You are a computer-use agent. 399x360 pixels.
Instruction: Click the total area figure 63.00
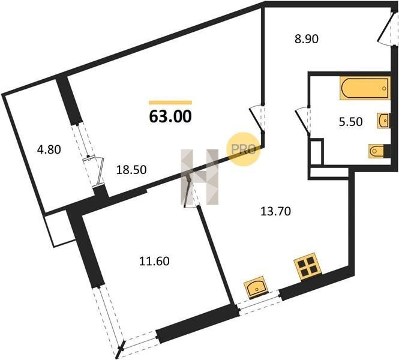click(170, 117)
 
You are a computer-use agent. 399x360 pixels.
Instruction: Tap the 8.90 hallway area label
click(307, 40)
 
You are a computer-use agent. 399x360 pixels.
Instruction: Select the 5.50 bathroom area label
click(350, 122)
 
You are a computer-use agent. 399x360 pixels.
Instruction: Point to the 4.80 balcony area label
click(49, 149)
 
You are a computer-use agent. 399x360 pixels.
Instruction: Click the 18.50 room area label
click(131, 170)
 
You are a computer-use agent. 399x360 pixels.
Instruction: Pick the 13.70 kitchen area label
click(275, 211)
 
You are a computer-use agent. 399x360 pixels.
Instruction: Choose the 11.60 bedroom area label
click(154, 261)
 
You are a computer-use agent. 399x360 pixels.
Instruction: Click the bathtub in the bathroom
click(365, 88)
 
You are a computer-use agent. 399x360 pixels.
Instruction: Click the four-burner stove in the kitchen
click(308, 266)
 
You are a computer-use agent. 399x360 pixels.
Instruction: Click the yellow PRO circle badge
click(244, 149)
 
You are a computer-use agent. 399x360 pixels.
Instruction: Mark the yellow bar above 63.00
click(170, 103)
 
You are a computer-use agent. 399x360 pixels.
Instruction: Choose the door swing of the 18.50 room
click(257, 119)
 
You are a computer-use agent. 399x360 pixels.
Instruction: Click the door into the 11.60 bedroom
click(189, 191)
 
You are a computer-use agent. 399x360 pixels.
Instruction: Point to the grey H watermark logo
click(199, 177)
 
